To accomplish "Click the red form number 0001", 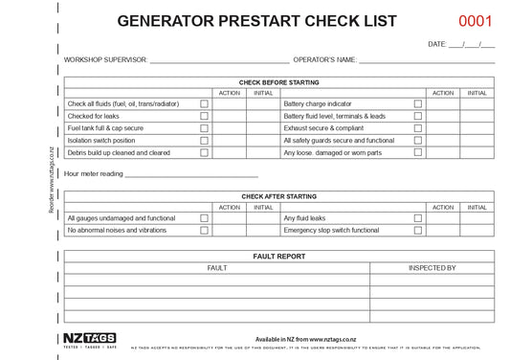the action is tap(476, 21).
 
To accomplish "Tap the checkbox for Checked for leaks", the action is tap(204, 116).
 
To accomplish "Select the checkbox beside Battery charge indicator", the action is tap(417, 103).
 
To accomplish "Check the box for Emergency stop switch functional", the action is tap(417, 231).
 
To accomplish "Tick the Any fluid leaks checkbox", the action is tap(417, 218).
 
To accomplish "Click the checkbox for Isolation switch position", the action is tap(204, 141).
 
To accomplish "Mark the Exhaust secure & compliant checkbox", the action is tap(417, 128).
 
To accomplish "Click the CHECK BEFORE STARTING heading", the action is tap(279, 82).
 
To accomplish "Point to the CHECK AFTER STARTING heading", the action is tap(279, 196).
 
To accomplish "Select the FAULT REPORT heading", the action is tap(279, 257).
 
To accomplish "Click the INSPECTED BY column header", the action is tap(432, 268).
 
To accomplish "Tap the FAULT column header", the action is tap(217, 268).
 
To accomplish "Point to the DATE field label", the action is tap(437, 44).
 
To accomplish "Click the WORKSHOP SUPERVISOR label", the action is tap(105, 59).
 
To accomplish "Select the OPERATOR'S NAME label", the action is tap(324, 59).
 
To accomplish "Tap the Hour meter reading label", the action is tap(93, 174).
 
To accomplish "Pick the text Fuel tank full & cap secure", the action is tap(105, 128).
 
